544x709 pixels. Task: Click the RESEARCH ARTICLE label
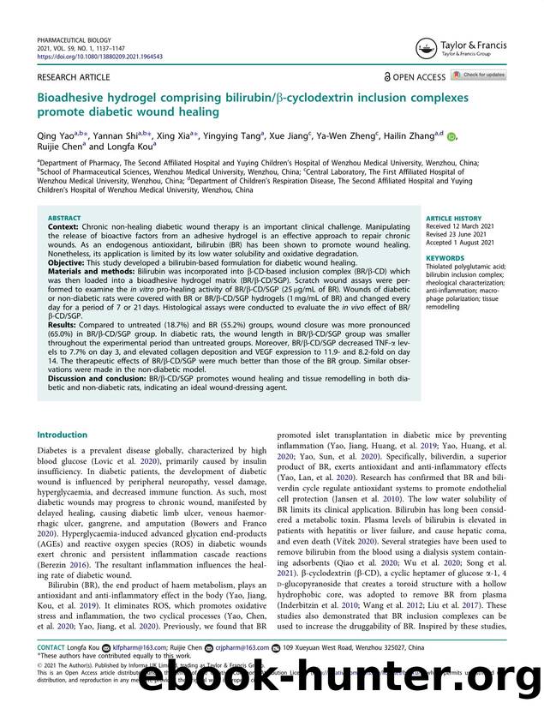pos(73,77)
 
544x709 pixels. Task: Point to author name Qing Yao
pos(54,134)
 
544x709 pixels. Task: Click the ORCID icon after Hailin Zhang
pos(451,135)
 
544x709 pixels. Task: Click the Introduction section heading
pos(62,434)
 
